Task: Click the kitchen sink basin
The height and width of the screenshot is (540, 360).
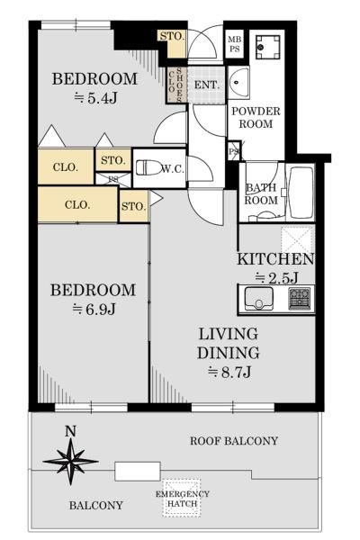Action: (x=259, y=299)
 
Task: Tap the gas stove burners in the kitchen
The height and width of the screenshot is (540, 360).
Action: (x=300, y=298)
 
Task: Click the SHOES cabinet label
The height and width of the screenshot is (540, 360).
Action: (x=181, y=85)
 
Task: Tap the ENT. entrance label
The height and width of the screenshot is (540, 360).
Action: (x=206, y=85)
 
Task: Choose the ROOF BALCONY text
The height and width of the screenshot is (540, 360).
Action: (x=234, y=441)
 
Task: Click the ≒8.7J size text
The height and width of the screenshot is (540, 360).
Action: (x=229, y=371)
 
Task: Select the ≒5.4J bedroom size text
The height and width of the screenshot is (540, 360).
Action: (x=94, y=97)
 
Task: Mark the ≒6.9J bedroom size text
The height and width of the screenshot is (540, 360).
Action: (x=93, y=309)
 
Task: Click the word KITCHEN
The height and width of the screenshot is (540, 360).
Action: (x=275, y=259)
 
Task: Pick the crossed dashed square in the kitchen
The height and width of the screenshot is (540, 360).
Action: (x=296, y=238)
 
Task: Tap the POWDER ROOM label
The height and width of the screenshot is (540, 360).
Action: (x=256, y=118)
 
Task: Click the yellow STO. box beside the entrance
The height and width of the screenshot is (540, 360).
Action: (x=171, y=37)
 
